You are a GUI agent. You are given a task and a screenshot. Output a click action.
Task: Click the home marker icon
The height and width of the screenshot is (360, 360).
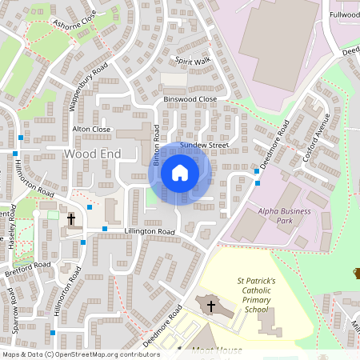click(179, 173)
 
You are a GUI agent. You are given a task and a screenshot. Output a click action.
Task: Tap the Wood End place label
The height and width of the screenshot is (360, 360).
click(92, 152)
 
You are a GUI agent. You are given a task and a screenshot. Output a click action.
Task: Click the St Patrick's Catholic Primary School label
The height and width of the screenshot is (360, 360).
click(256, 295)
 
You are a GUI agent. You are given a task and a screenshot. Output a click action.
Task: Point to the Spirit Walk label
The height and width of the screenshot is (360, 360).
click(193, 60)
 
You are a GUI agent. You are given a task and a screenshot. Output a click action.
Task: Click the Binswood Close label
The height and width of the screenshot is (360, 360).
click(190, 99)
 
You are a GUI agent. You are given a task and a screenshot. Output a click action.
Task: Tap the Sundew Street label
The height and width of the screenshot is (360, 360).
click(204, 145)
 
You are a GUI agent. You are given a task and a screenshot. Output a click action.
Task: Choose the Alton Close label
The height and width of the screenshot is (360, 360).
click(91, 129)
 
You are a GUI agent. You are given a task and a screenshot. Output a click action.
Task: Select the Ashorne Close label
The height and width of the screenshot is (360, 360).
click(74, 24)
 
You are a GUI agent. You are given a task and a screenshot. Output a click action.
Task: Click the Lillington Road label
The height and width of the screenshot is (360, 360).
click(149, 231)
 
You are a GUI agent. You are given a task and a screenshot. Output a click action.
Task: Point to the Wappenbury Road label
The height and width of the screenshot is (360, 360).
click(87, 86)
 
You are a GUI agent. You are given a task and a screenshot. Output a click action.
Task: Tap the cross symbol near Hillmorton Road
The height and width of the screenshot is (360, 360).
click(71, 218)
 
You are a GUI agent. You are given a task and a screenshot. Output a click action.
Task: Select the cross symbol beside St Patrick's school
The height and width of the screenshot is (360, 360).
click(211, 306)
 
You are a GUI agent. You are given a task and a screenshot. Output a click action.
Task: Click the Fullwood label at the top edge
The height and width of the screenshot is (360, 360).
click(344, 14)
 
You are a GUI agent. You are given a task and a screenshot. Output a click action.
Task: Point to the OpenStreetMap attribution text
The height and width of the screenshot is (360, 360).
click(80, 354)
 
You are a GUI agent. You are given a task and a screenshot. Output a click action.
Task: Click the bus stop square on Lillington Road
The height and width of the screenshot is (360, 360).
click(105, 230)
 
